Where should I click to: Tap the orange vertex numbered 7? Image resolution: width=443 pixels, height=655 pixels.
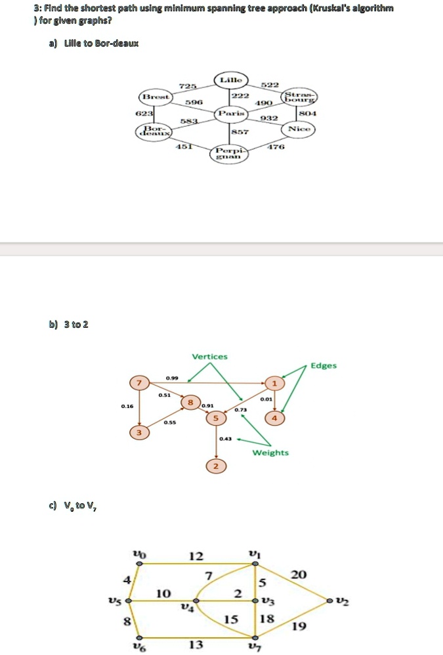[138, 383]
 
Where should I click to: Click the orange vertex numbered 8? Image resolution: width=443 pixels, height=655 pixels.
[191, 401]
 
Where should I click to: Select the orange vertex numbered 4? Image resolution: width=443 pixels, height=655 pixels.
[275, 418]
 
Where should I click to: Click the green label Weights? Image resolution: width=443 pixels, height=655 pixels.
[270, 453]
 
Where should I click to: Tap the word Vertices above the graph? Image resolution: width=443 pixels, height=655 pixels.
[209, 356]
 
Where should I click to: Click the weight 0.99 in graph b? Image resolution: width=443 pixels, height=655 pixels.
[172, 378]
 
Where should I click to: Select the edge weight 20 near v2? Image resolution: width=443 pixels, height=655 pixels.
[298, 575]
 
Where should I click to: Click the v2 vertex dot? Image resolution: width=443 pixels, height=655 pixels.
[330, 600]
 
